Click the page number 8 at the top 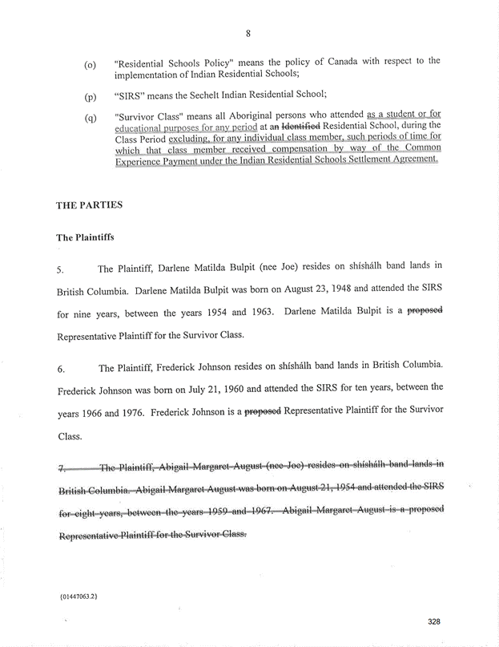249,33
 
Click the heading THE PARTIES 89,204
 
